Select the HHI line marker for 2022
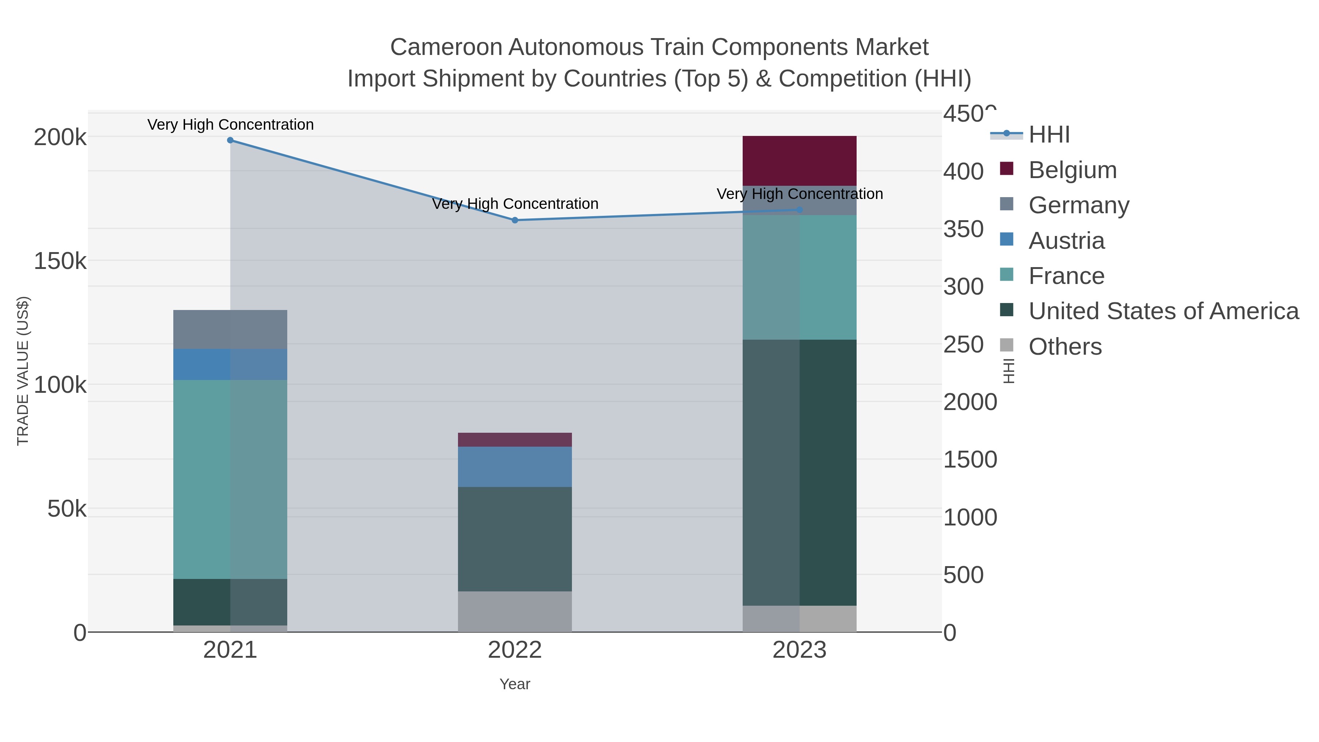[x=515, y=220]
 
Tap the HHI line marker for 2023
[x=800, y=210]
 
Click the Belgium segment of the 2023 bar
[x=799, y=161]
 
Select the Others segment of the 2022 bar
[x=515, y=612]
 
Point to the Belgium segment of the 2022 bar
[x=515, y=440]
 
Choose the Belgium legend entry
[x=1072, y=170]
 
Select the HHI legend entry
[x=1049, y=135]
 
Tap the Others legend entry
[x=1064, y=347]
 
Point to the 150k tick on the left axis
[x=60, y=261]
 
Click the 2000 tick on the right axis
[x=970, y=402]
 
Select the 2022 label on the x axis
[x=515, y=650]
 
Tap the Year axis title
[x=515, y=684]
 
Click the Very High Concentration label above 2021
[x=230, y=125]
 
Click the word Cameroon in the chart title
[x=446, y=48]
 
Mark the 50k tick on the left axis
[x=67, y=509]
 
